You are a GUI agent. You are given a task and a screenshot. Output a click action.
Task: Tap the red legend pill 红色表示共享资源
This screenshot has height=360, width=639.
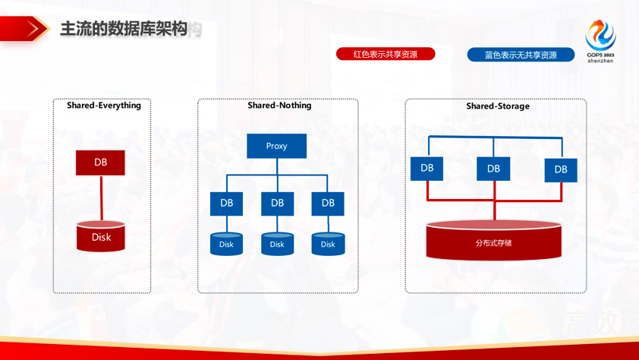(x=386, y=54)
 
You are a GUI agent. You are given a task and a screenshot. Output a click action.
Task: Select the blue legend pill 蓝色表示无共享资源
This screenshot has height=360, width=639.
(x=521, y=55)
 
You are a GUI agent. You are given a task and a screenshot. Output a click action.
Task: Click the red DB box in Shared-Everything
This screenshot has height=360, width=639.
(x=100, y=163)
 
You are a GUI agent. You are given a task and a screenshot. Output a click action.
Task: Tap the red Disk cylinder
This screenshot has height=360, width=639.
(x=101, y=236)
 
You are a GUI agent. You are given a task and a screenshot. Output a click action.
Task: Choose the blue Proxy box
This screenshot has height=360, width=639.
(x=276, y=146)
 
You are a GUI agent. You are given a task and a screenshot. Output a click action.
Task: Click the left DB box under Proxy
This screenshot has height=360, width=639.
(x=226, y=203)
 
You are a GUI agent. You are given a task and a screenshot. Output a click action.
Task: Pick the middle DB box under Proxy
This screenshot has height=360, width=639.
(x=277, y=203)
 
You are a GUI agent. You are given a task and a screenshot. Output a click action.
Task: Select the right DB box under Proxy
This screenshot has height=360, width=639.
(x=328, y=203)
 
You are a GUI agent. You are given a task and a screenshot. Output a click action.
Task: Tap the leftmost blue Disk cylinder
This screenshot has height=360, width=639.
(x=226, y=244)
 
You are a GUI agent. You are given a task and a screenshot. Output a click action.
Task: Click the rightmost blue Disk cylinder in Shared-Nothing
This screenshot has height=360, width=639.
(x=328, y=244)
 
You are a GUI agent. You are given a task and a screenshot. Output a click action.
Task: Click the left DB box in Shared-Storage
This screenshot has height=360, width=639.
(x=427, y=168)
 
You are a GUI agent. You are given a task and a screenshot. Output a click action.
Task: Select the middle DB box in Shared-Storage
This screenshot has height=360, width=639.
(x=493, y=169)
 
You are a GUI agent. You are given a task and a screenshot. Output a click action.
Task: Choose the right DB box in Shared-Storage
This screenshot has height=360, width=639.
(x=560, y=169)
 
